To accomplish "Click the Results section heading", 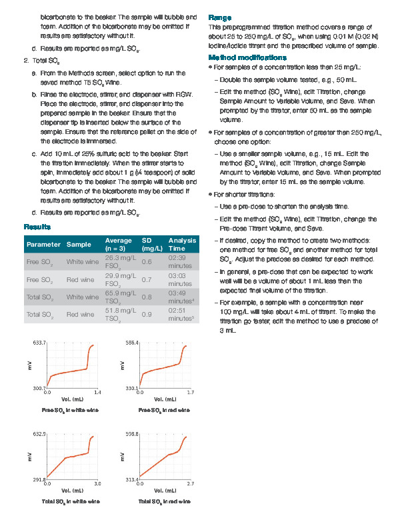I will click(x=37, y=227).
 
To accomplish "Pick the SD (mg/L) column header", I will click(x=152, y=244).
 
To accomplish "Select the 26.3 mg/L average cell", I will click(x=120, y=261).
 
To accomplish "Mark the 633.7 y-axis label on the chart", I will click(x=39, y=343).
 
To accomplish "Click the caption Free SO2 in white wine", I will click(x=70, y=410).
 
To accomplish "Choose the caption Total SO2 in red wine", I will click(x=164, y=501).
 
